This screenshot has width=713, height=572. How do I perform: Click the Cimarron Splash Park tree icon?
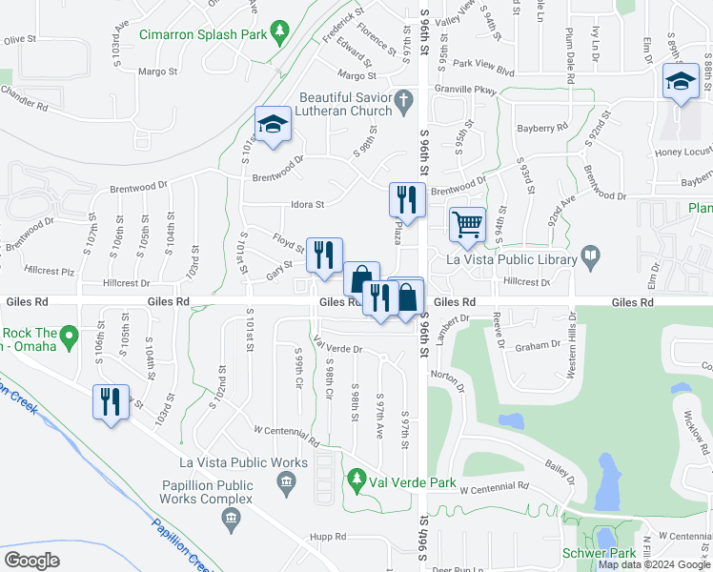[278, 33]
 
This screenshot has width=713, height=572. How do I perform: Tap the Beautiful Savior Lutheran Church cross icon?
[404, 98]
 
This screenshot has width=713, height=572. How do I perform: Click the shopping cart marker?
[467, 226]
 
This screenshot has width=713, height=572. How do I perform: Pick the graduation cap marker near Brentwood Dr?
[273, 125]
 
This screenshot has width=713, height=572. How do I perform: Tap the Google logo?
[32, 561]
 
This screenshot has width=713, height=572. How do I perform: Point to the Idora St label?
[308, 204]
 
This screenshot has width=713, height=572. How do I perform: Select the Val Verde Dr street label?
[338, 349]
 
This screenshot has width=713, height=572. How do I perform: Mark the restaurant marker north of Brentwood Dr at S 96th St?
[406, 200]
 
